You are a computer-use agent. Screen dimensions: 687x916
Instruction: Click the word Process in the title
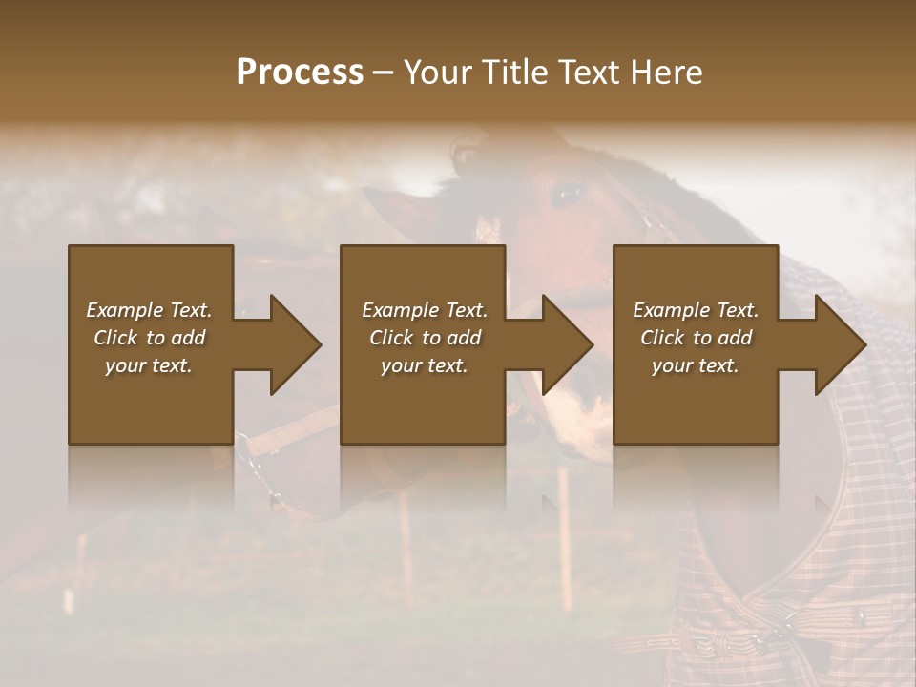pyautogui.click(x=300, y=73)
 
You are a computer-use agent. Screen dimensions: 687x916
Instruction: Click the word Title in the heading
pyautogui.click(x=510, y=73)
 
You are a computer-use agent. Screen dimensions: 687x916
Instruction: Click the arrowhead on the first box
pyautogui.click(x=291, y=344)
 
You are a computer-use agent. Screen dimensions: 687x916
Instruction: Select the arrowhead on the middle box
pyautogui.click(x=564, y=344)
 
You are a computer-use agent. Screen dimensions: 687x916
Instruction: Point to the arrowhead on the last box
pyautogui.click(x=837, y=344)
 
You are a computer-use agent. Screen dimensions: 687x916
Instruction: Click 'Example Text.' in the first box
pyautogui.click(x=149, y=310)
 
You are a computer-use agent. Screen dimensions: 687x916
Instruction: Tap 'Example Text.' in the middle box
pyautogui.click(x=424, y=310)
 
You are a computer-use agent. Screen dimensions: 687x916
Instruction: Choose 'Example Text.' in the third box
pyautogui.click(x=696, y=310)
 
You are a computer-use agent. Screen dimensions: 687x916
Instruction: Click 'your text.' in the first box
pyautogui.click(x=149, y=365)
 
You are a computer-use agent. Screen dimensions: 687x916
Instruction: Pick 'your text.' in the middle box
pyautogui.click(x=424, y=365)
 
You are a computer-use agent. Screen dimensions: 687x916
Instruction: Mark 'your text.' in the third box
pyautogui.click(x=696, y=365)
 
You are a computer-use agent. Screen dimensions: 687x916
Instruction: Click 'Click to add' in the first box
pyautogui.click(x=149, y=338)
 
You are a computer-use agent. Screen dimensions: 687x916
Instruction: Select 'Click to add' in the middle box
pyautogui.click(x=424, y=338)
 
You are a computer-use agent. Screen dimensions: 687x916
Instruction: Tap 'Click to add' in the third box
pyautogui.click(x=696, y=338)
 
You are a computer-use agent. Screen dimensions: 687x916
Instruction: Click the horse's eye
pyautogui.click(x=570, y=194)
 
